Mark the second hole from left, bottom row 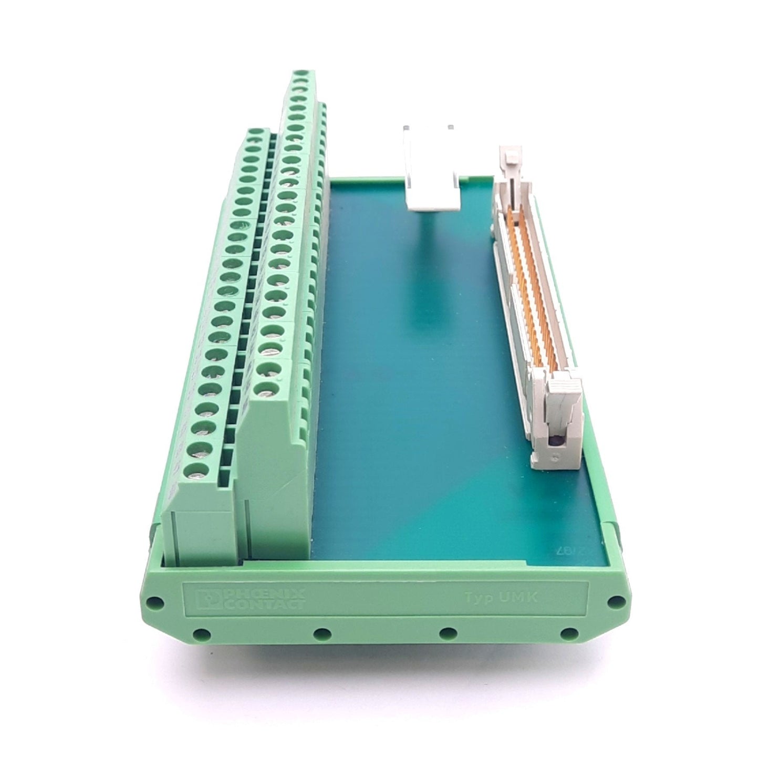pos(320,635)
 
